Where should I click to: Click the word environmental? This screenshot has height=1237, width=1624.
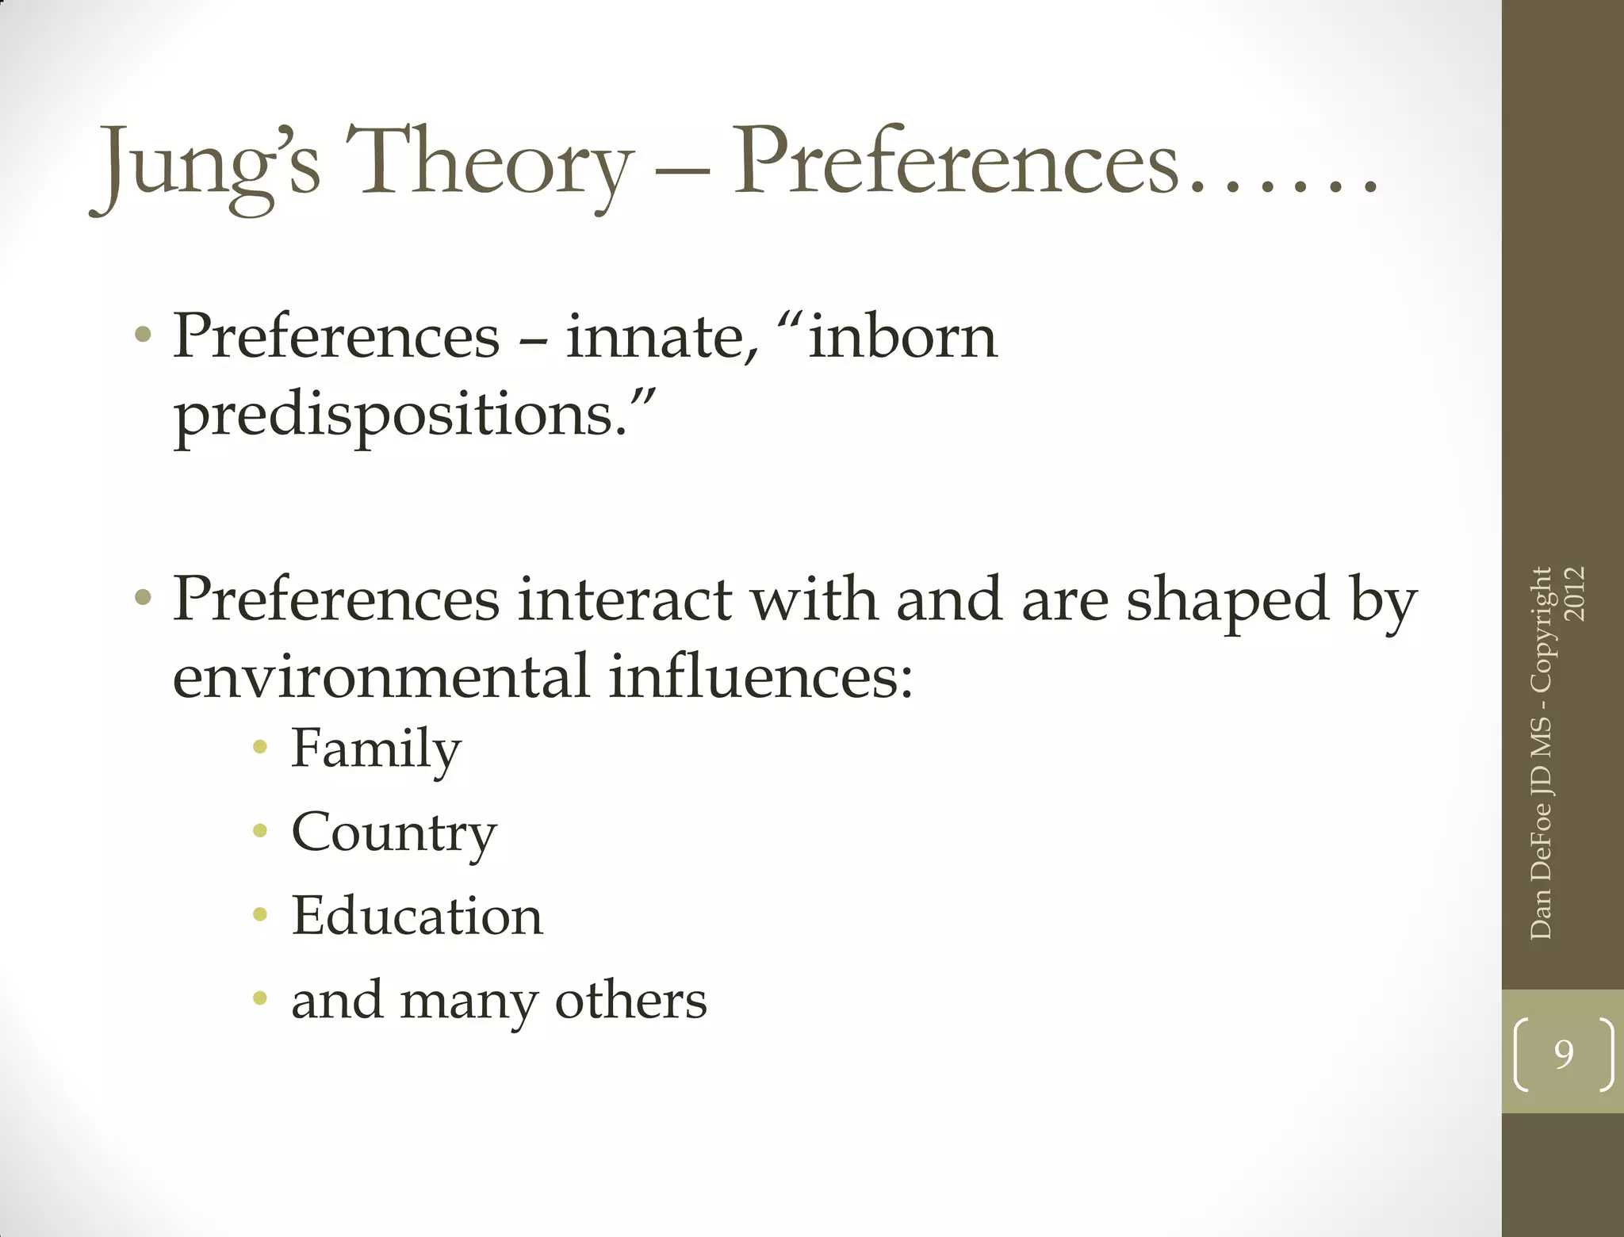tap(381, 677)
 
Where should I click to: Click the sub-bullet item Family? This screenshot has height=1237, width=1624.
tap(376, 749)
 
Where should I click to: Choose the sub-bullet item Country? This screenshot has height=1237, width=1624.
tap(394, 833)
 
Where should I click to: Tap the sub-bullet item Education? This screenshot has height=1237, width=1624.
tap(417, 916)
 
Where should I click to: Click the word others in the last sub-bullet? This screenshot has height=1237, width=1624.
tap(630, 1000)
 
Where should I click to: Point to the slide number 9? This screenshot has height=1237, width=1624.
tap(1563, 1054)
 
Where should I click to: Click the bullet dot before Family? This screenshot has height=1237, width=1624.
tap(259, 747)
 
